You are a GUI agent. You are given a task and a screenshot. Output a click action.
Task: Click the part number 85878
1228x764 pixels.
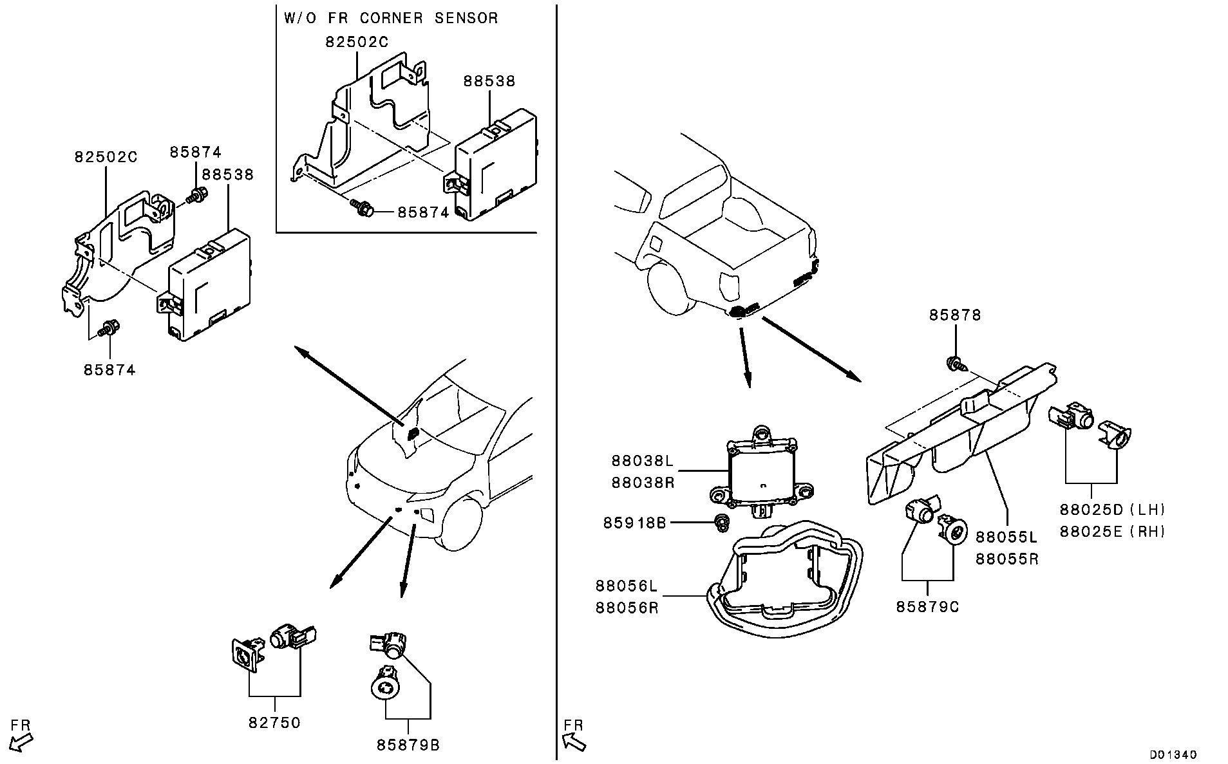click(x=954, y=315)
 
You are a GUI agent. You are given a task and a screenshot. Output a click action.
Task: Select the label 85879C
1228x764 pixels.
click(x=927, y=607)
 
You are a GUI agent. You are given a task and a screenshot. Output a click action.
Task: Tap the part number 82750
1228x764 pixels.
click(x=274, y=723)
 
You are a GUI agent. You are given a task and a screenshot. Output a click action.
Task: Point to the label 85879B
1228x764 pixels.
click(x=408, y=745)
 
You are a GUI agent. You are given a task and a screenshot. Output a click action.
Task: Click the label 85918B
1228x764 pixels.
click(x=634, y=523)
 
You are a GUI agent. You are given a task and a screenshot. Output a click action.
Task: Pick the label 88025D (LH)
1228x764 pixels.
click(x=1113, y=510)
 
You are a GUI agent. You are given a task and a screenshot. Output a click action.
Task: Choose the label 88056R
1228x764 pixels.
click(x=627, y=608)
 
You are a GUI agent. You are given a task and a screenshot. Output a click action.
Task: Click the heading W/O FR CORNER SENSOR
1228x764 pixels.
click(x=391, y=18)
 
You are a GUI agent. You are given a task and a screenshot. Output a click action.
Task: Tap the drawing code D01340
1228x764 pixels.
click(x=1174, y=754)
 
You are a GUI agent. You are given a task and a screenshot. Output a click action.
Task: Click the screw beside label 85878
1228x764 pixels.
click(x=954, y=365)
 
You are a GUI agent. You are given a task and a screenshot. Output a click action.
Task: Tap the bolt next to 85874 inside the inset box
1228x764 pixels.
click(x=363, y=209)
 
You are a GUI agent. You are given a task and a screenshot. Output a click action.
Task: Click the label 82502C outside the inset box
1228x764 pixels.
click(x=106, y=156)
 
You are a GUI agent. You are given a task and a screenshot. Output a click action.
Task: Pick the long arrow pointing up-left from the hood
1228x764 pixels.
click(x=348, y=384)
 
